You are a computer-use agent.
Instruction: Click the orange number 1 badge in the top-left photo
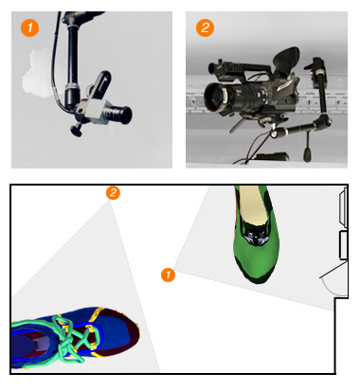point(29,27)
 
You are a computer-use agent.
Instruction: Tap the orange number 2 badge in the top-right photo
point(205,27)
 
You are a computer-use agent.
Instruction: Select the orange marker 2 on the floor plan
point(113,192)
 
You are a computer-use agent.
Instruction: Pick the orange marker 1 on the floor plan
point(168,275)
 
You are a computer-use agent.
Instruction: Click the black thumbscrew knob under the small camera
point(76,129)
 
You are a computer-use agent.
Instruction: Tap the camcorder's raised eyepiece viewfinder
point(286,58)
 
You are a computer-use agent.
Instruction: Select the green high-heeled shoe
point(256,234)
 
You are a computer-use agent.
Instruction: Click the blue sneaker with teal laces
point(75,338)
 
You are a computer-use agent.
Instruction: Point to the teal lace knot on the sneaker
point(68,343)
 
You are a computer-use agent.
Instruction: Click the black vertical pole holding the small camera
point(72,60)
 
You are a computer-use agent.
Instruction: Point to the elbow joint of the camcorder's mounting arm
point(325,119)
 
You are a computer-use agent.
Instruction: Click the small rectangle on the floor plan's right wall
point(344,245)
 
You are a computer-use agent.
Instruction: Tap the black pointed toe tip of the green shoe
point(259,280)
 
